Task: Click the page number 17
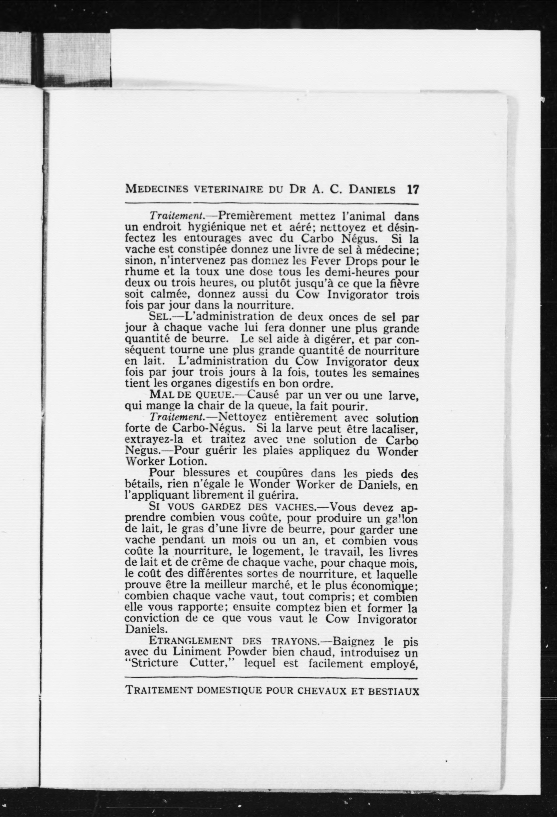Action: [x=413, y=190]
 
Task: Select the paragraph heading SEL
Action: [x=160, y=317]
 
